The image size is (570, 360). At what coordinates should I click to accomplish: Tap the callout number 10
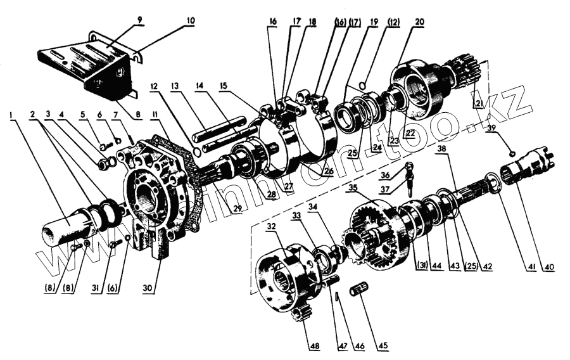click(191, 20)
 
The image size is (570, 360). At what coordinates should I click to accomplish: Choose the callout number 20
click(419, 21)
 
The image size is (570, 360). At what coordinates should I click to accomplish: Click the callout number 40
click(548, 267)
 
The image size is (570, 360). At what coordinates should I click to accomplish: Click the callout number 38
click(441, 150)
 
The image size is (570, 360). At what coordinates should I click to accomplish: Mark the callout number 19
click(374, 21)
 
